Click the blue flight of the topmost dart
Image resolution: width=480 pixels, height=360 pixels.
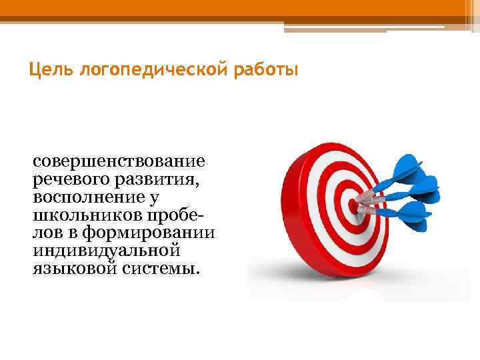tap(408, 167)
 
